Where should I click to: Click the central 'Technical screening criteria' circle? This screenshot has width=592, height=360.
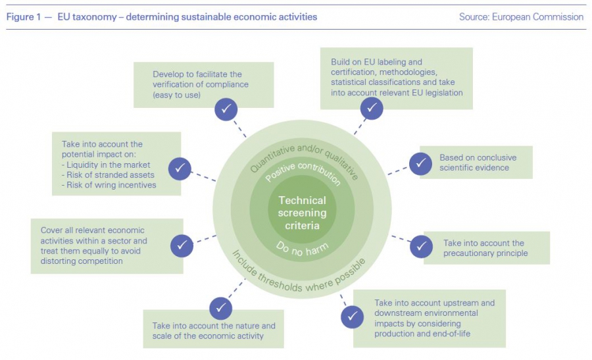coord(302,213)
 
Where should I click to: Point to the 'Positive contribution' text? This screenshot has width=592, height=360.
coord(303,172)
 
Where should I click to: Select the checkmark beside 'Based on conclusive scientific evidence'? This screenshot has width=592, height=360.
coord(420,163)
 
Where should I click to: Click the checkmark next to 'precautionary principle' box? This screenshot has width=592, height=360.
coord(421,246)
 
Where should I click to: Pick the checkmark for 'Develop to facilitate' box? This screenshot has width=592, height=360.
coord(226,109)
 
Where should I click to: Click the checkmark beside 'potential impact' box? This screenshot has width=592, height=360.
coord(179,168)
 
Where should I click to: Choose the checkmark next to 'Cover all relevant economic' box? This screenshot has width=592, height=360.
coord(182,245)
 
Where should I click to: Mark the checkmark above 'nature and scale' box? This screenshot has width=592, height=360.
coord(220,308)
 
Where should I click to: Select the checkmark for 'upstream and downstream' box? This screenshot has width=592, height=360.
coord(352,317)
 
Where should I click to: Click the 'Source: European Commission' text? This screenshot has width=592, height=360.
coord(521,17)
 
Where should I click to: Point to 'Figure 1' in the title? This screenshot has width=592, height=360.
coord(26,17)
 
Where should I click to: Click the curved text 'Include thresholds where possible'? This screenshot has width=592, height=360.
coord(299,276)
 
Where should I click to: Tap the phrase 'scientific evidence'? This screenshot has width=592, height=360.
coord(474,168)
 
